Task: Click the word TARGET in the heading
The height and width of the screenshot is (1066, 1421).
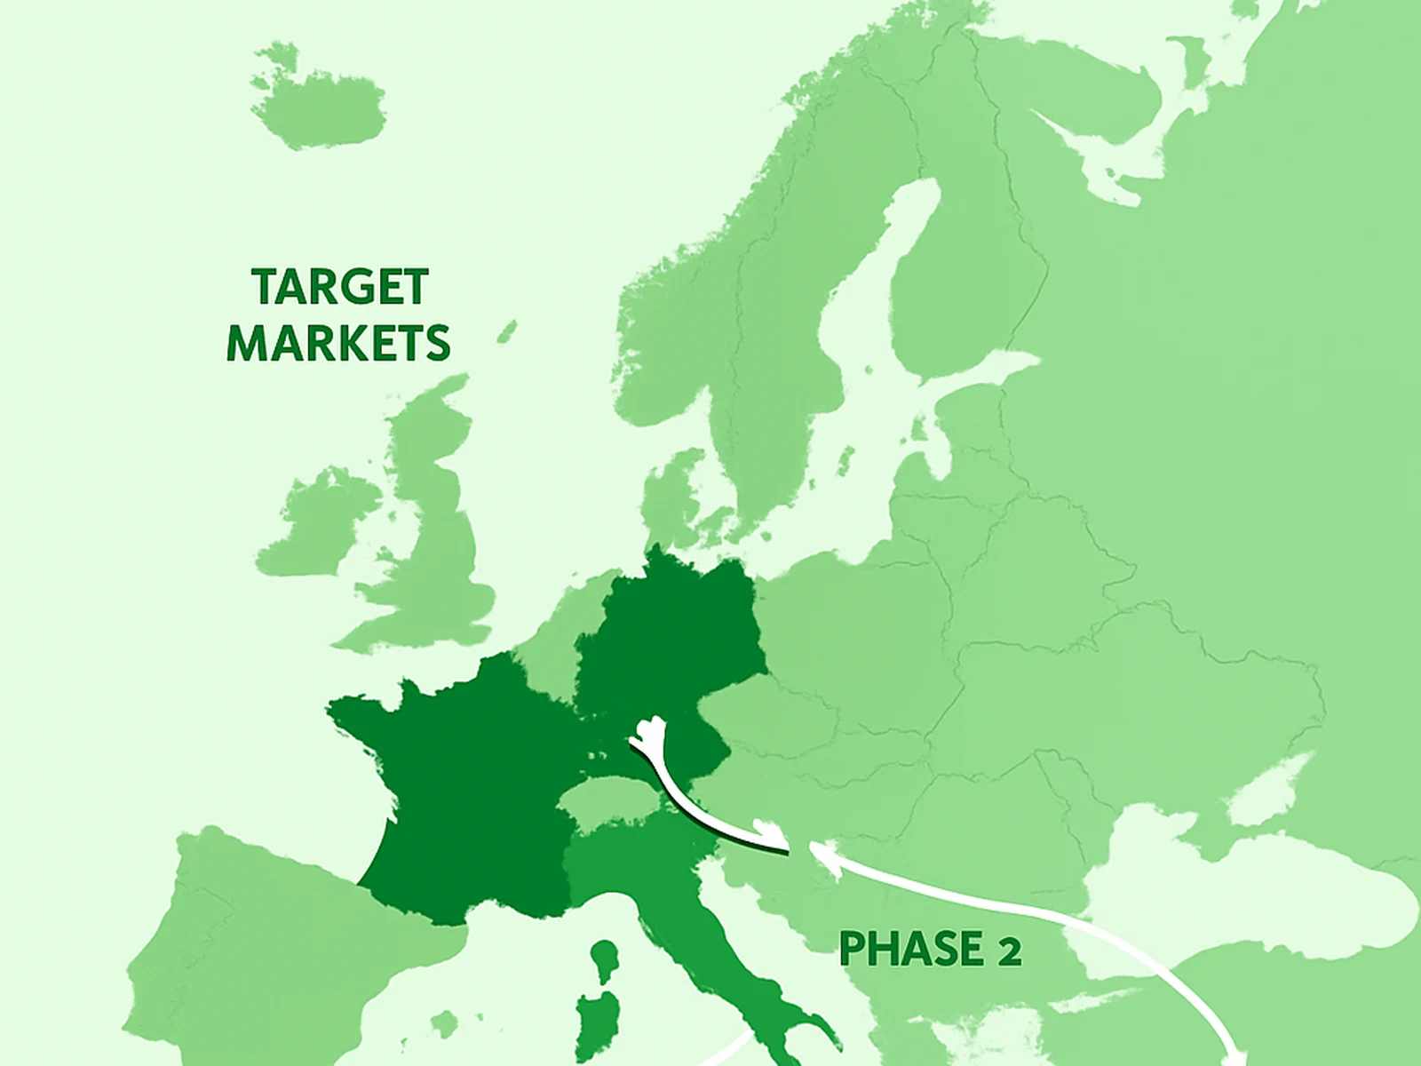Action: click(340, 287)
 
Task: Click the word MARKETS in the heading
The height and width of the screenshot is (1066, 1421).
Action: click(338, 344)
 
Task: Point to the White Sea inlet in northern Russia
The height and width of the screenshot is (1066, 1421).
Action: click(1101, 160)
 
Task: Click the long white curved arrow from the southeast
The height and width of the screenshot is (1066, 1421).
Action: click(1066, 915)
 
